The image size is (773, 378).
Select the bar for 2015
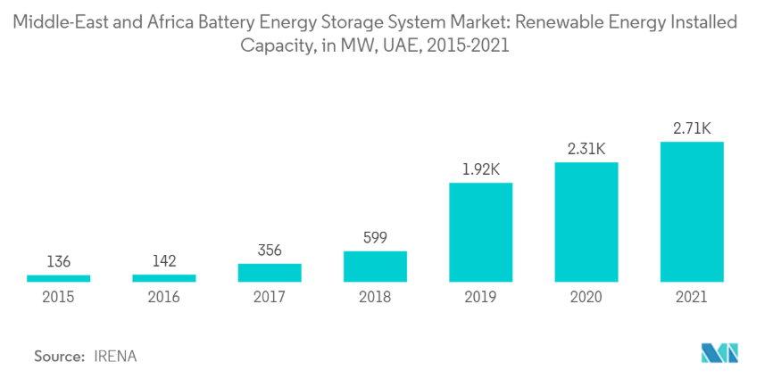point(59,279)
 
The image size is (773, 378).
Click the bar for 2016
point(164,279)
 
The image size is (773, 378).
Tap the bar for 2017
point(270,273)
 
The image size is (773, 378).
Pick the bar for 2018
point(375,267)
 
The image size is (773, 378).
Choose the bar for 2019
point(481,233)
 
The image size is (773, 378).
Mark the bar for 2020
point(586,223)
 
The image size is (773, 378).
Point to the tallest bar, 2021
point(692,212)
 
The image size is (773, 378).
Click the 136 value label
point(59,262)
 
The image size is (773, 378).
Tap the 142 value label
point(164,262)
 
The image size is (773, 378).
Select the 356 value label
point(270,251)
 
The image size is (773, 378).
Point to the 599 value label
point(375,238)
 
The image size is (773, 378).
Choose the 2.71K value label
point(692,129)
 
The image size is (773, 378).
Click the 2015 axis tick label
point(59,298)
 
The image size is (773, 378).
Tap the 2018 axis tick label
point(375,298)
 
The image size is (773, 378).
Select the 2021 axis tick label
point(692,298)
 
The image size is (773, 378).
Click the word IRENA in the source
point(115,356)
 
